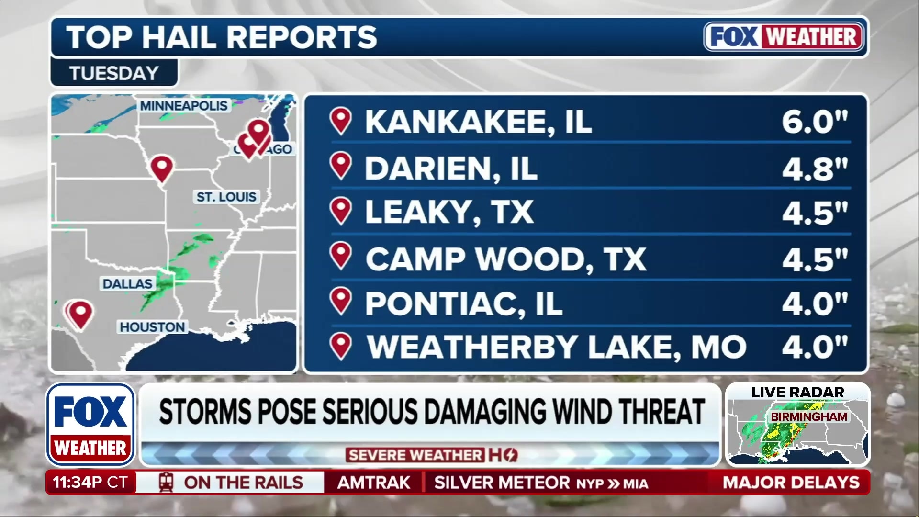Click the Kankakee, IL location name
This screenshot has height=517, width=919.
click(x=478, y=122)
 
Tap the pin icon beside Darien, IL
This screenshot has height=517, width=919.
click(x=341, y=166)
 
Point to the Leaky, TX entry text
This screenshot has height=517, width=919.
click(x=449, y=212)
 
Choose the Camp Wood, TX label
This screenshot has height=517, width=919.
click(x=505, y=259)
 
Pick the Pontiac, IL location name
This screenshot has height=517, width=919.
click(x=463, y=303)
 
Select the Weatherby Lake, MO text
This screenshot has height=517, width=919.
click(x=556, y=347)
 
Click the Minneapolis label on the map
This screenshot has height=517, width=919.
click(x=184, y=106)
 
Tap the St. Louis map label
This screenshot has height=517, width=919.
click(x=226, y=197)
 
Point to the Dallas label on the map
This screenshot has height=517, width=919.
click(x=127, y=284)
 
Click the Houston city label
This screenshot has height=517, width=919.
click(x=152, y=327)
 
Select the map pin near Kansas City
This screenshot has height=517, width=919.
click(x=162, y=168)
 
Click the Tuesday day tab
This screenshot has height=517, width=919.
click(x=114, y=73)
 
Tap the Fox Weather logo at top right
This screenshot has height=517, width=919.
click(x=784, y=37)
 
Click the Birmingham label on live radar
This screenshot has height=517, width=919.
click(x=808, y=416)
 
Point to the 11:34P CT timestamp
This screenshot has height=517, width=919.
click(x=90, y=482)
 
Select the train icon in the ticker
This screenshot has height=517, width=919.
click(x=166, y=482)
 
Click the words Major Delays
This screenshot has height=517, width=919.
click(x=791, y=482)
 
